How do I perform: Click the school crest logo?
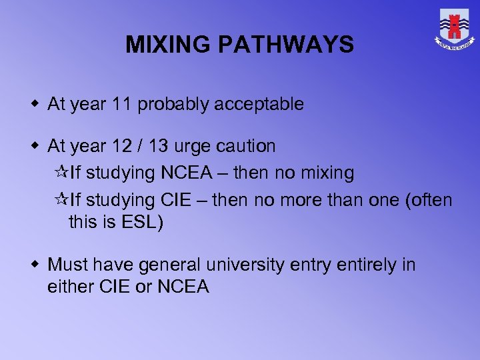click(x=455, y=29)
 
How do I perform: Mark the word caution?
click(x=250, y=146)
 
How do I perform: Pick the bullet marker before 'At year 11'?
click(x=37, y=105)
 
